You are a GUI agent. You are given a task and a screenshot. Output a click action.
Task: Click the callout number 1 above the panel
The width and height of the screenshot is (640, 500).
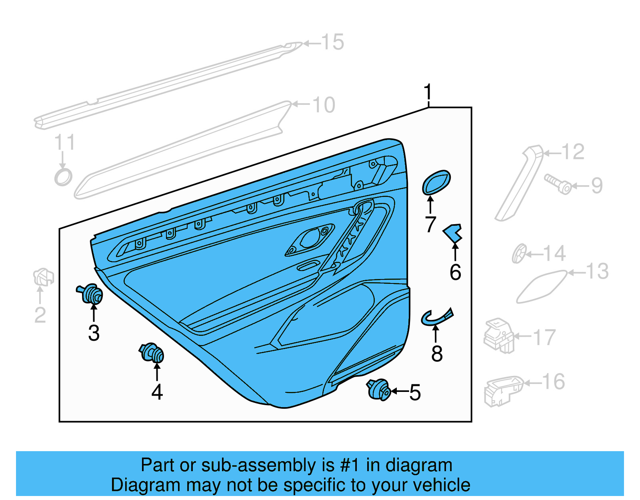(x=428, y=92)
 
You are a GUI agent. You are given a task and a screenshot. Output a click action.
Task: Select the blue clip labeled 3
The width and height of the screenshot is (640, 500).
(x=91, y=294)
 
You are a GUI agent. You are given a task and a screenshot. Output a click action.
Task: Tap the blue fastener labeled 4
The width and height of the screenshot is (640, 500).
(x=152, y=353)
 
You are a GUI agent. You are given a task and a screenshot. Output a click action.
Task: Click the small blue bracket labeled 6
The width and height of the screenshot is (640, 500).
(x=453, y=233)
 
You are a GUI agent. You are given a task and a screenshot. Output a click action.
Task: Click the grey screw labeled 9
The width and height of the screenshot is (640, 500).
(x=558, y=185)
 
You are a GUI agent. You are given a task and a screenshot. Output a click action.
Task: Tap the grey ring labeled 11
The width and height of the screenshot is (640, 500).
(x=63, y=177)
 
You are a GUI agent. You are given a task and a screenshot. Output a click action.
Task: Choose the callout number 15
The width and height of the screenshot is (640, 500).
(x=332, y=42)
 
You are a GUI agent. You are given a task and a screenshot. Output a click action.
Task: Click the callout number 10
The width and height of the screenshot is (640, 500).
(x=324, y=105)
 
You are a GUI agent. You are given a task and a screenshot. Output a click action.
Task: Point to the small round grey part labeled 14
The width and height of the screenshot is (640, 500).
(x=519, y=253)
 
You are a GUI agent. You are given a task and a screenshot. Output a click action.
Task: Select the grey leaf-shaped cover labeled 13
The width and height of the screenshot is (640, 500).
(x=541, y=287)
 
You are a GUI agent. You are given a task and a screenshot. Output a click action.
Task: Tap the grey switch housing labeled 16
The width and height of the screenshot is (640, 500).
(x=502, y=390)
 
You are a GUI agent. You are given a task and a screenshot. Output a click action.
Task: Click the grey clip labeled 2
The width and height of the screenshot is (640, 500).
(x=43, y=277)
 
